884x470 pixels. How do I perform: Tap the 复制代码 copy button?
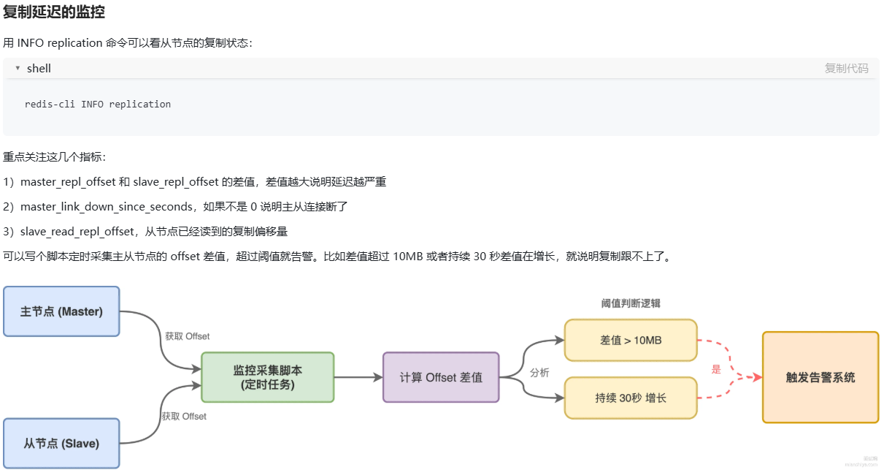click(x=846, y=68)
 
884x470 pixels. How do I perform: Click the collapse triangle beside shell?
click(x=18, y=68)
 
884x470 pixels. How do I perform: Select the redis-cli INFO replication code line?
click(x=98, y=104)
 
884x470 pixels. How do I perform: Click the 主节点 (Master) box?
click(x=61, y=311)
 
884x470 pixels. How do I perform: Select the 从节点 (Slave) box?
click(x=61, y=443)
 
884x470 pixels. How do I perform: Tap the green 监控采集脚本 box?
click(x=267, y=377)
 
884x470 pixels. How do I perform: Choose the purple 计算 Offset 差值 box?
click(x=441, y=377)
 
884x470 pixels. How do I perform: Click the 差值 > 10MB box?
click(x=631, y=340)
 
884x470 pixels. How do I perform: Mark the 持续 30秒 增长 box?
click(x=631, y=398)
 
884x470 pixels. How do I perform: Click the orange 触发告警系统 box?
click(x=820, y=377)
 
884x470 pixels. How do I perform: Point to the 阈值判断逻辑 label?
click(x=631, y=303)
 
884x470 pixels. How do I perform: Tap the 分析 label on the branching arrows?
click(x=539, y=372)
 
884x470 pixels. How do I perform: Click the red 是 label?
click(x=716, y=369)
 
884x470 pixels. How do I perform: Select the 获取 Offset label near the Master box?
click(x=187, y=336)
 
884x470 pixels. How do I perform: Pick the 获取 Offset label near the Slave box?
click(x=184, y=416)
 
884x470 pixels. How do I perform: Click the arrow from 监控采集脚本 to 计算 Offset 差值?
click(x=358, y=377)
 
